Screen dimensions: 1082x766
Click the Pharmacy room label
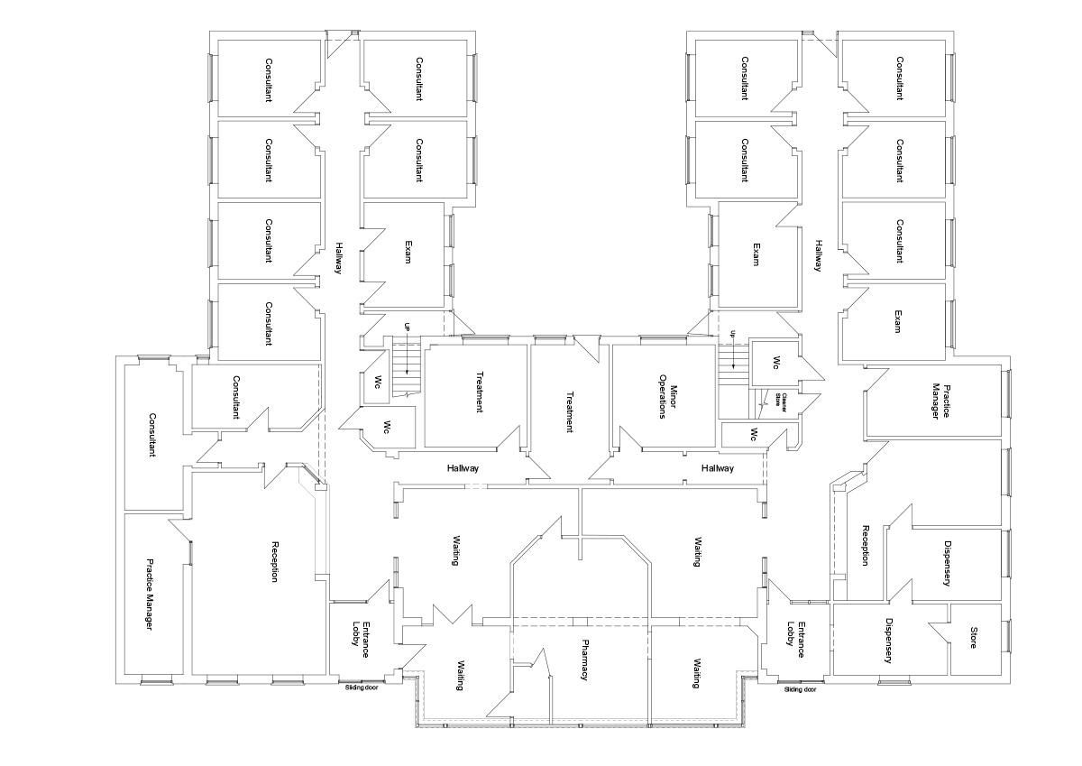[x=584, y=660]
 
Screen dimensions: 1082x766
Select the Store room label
[x=973, y=638]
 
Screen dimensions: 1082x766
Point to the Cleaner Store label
[x=780, y=399]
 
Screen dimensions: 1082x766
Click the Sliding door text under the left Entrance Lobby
[x=362, y=687]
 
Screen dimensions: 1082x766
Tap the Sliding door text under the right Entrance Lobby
[x=800, y=689]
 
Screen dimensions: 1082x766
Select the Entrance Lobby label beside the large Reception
[x=361, y=640]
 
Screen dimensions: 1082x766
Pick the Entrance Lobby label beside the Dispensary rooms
[x=795, y=640]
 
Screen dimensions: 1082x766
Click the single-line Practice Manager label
[x=150, y=595]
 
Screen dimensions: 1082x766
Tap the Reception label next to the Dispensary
[x=866, y=545]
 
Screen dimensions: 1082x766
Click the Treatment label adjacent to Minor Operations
[x=570, y=411]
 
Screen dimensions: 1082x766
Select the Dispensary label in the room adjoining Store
[x=888, y=641]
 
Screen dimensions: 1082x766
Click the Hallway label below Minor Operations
[x=718, y=468]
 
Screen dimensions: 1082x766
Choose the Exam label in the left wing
[x=408, y=252]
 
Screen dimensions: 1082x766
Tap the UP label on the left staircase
[x=407, y=328]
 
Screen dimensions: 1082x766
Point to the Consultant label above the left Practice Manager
[x=152, y=435]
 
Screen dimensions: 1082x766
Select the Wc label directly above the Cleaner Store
[x=776, y=363]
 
